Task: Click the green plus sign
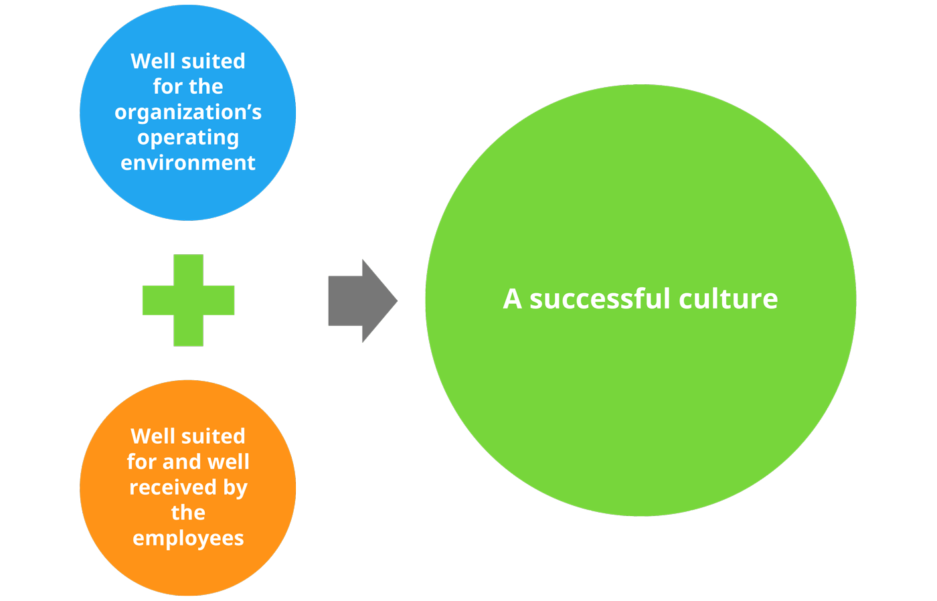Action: (x=188, y=300)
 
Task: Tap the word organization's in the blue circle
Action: (x=188, y=112)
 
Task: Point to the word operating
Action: (x=188, y=138)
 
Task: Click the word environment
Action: (x=188, y=163)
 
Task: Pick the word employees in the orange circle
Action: (x=188, y=538)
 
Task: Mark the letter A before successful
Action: (x=512, y=298)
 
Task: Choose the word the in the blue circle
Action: (x=205, y=87)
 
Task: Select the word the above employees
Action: (x=188, y=513)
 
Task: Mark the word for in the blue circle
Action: (x=166, y=87)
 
